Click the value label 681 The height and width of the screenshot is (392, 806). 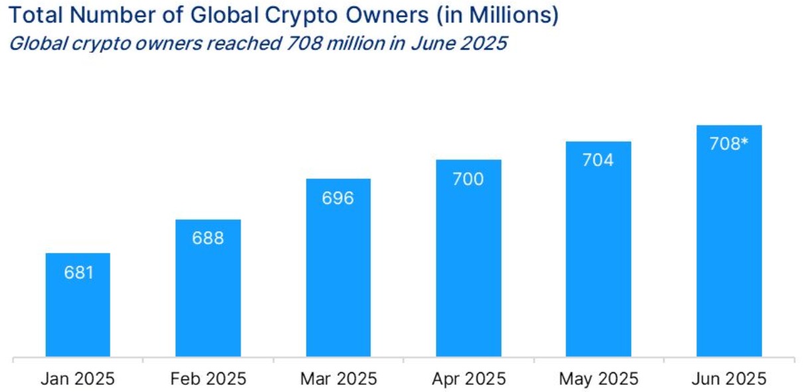click(x=78, y=272)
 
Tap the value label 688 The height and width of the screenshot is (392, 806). click(x=208, y=238)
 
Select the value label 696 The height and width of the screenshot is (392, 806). click(x=338, y=198)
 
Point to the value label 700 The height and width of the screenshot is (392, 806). click(x=468, y=179)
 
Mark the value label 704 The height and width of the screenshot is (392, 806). click(x=598, y=160)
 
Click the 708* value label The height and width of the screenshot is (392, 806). click(x=729, y=144)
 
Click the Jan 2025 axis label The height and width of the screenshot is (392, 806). click(x=78, y=379)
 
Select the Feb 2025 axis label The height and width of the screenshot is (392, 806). click(x=208, y=379)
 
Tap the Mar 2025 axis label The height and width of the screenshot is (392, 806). click(x=338, y=379)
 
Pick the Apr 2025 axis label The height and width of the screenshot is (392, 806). click(x=468, y=379)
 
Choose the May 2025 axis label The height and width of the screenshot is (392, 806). click(x=598, y=379)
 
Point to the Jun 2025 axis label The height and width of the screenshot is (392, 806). click(x=729, y=379)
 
